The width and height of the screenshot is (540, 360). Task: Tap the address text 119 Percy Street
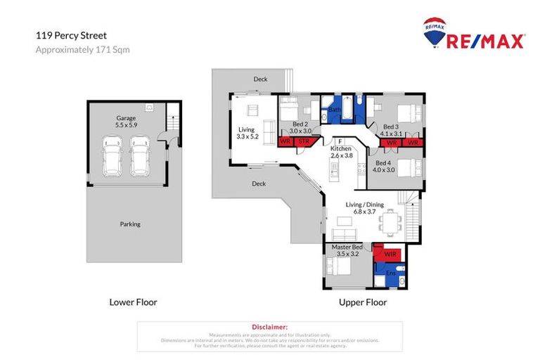pyautogui.click(x=66, y=34)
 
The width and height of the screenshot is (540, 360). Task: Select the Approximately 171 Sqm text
pyautogui.click(x=82, y=50)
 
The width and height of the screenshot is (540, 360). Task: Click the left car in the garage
pyautogui.click(x=112, y=156)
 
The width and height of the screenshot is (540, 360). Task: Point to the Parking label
pyautogui.click(x=130, y=224)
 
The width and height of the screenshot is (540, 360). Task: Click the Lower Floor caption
pyautogui.click(x=133, y=302)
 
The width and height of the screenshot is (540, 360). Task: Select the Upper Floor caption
pyautogui.click(x=363, y=302)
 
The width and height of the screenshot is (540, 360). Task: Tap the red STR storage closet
pyautogui.click(x=304, y=142)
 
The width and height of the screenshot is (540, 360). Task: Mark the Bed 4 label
pyautogui.click(x=386, y=165)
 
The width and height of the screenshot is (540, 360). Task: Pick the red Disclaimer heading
pyautogui.click(x=270, y=327)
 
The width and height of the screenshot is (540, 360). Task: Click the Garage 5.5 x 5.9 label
pyautogui.click(x=127, y=122)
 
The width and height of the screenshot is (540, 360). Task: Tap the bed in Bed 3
pyautogui.click(x=408, y=113)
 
